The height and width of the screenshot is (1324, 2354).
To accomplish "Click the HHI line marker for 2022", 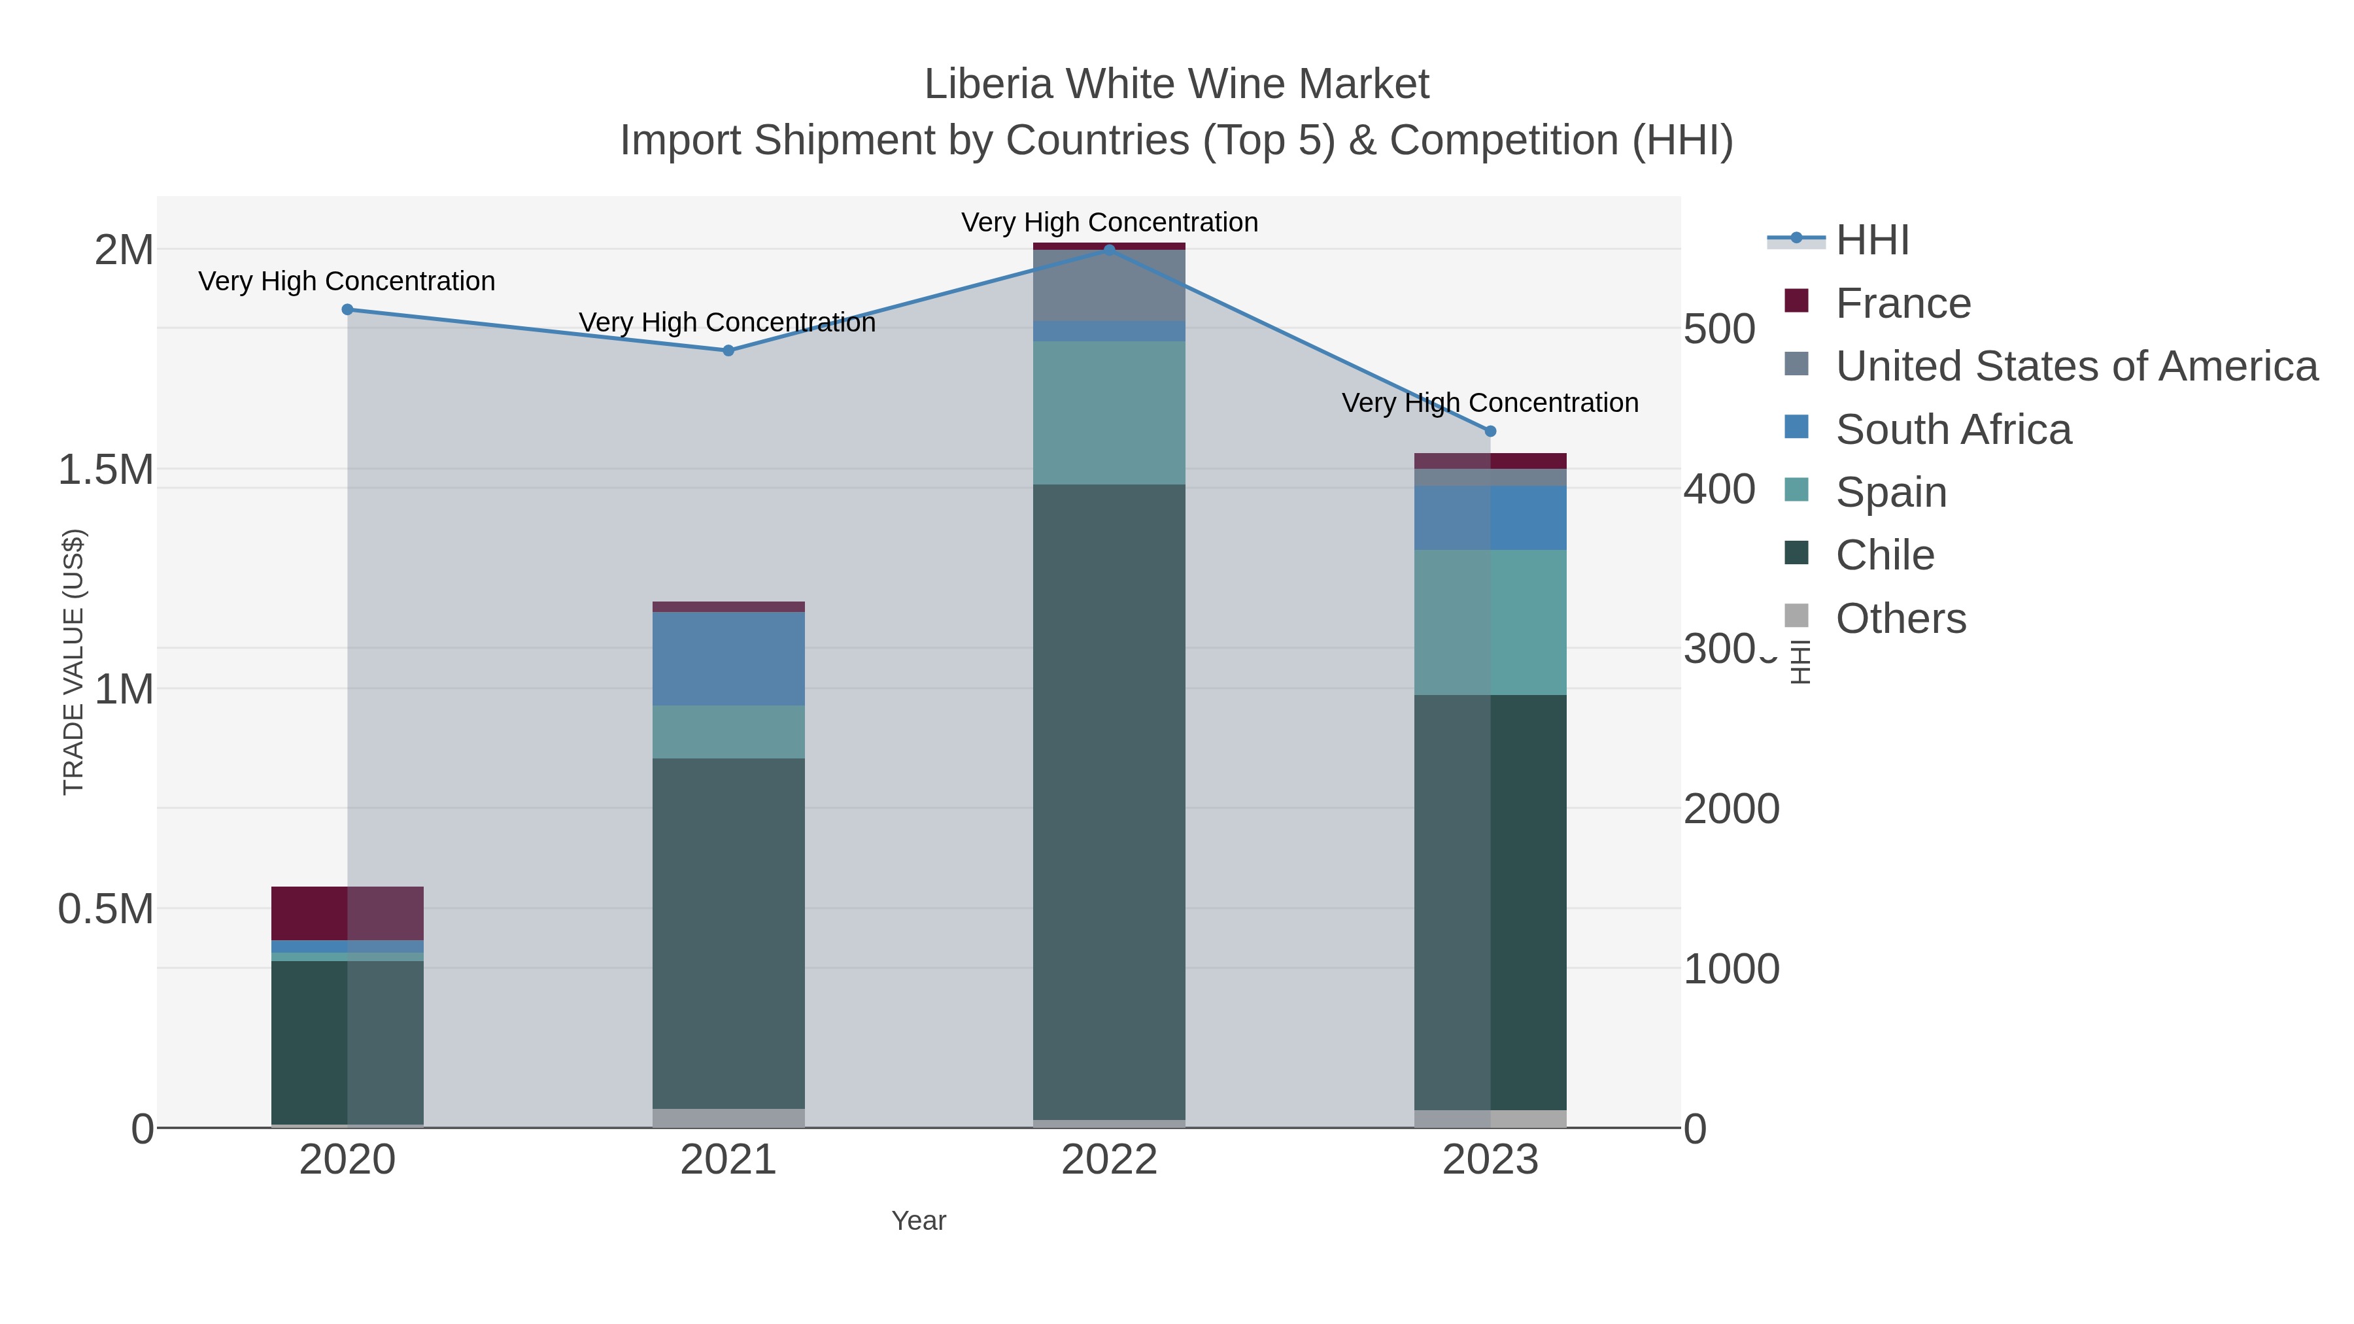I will [x=1110, y=250].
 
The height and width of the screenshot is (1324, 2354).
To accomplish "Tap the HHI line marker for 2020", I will [x=347, y=310].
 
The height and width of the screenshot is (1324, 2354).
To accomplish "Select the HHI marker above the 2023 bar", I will [x=1490, y=432].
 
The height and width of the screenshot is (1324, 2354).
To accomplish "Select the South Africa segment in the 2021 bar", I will [x=728, y=659].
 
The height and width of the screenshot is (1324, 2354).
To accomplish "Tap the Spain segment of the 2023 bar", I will [x=1490, y=622].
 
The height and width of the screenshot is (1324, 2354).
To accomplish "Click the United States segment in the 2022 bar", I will [x=1110, y=285].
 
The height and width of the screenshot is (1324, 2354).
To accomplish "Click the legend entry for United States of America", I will [x=2075, y=366].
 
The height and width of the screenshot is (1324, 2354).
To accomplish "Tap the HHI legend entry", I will [x=1871, y=241].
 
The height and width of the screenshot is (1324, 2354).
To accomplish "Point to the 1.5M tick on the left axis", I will [x=106, y=469].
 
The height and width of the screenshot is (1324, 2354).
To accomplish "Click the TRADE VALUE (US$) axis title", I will [x=73, y=662].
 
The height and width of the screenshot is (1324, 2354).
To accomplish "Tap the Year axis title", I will [x=919, y=1221].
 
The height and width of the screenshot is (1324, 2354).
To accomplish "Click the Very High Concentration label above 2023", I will [x=1490, y=403].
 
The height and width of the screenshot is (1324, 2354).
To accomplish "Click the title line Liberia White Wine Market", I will [x=1176, y=84].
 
